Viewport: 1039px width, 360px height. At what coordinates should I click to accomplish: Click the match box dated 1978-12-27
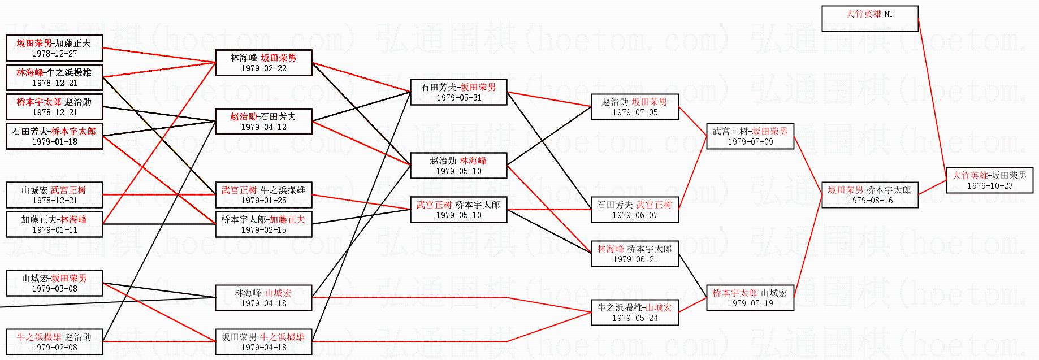[x=54, y=48]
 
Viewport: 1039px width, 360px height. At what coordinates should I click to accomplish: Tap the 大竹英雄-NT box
[x=869, y=19]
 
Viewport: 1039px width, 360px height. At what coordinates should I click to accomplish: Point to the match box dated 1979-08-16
[x=869, y=195]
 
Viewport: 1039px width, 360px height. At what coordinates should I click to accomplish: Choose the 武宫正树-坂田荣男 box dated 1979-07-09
[x=750, y=136]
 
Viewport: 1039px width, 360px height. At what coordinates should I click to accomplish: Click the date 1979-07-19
[x=750, y=303]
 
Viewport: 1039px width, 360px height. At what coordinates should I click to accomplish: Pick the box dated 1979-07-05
[x=634, y=107]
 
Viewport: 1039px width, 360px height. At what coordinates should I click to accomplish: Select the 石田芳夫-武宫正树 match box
[x=634, y=210]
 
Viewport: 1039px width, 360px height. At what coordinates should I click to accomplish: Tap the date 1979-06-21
[x=635, y=259]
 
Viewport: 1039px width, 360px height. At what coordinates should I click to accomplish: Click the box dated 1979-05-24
[x=634, y=313]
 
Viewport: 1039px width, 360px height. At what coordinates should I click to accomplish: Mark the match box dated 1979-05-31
[x=458, y=92]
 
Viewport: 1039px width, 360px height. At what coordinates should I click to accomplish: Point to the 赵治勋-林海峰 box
[x=458, y=166]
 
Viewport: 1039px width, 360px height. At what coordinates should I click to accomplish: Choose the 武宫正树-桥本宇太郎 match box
[x=458, y=210]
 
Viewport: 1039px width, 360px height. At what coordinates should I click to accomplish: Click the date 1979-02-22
[x=263, y=68]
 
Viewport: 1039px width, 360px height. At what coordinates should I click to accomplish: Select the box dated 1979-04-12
[x=263, y=122]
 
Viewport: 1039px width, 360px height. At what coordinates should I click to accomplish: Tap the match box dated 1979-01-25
[x=263, y=195]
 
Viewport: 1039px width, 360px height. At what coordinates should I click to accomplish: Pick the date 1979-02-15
[x=263, y=230]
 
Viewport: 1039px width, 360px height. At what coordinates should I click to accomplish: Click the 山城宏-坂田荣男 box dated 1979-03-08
[x=54, y=283]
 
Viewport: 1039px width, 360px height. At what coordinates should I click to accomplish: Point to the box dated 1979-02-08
[x=54, y=342]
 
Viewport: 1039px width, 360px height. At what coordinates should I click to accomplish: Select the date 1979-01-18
[x=54, y=142]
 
